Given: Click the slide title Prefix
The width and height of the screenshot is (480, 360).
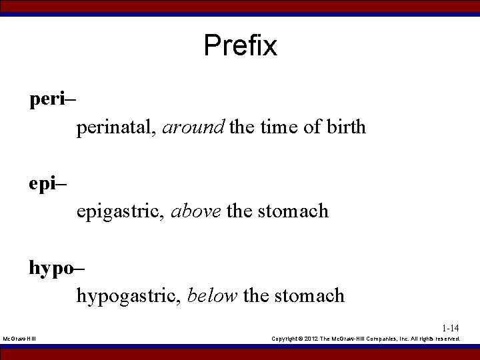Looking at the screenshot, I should [x=240, y=45].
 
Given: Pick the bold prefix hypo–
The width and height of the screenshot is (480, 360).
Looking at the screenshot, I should [x=56, y=269].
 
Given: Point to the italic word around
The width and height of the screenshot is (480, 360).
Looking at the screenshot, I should [x=193, y=127].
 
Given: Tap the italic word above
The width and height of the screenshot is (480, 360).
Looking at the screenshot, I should [x=197, y=211].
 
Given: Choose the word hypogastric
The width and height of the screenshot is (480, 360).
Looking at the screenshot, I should [x=126, y=295].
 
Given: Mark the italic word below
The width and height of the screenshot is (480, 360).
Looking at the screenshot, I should [x=212, y=295].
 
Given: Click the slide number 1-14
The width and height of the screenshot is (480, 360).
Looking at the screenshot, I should [x=450, y=328].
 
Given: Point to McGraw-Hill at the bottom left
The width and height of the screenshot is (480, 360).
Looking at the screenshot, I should [x=19, y=339].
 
